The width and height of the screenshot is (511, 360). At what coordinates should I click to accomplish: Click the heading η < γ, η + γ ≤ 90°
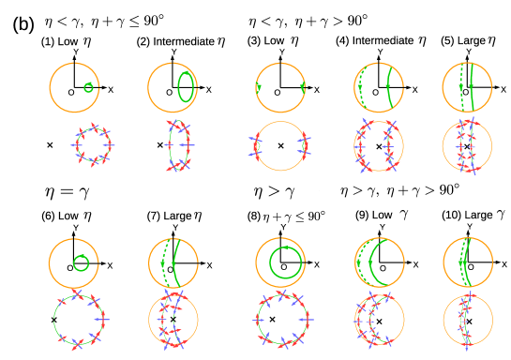(x=104, y=21)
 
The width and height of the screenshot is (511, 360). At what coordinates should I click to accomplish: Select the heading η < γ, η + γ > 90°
(x=308, y=21)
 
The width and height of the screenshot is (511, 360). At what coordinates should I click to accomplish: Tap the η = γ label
(x=67, y=192)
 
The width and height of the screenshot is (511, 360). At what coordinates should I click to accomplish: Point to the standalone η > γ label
(x=274, y=192)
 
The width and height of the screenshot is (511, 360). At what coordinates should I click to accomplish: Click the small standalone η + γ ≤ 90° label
(x=294, y=217)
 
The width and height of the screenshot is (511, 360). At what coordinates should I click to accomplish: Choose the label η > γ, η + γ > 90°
(x=400, y=190)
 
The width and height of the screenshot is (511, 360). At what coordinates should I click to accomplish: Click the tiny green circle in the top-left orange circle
(x=89, y=87)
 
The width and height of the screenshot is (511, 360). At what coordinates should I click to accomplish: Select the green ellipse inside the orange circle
(x=187, y=87)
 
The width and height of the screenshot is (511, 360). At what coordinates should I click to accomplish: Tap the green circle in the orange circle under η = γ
(x=81, y=263)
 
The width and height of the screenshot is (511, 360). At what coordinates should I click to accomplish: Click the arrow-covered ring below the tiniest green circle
(x=93, y=145)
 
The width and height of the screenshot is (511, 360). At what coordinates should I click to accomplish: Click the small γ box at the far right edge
(x=501, y=215)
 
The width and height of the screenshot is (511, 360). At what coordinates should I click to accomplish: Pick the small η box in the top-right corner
(x=491, y=41)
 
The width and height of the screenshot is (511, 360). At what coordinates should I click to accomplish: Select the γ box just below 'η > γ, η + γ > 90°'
(x=404, y=215)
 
